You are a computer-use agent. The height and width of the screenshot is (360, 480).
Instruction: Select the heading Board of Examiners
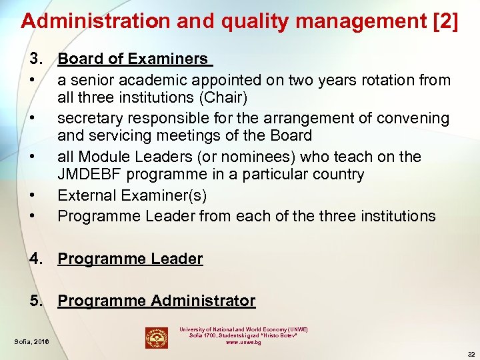[133, 59]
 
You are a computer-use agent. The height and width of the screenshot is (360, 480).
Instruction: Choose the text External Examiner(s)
[132, 195]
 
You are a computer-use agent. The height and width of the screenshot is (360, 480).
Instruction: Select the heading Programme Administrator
[156, 301]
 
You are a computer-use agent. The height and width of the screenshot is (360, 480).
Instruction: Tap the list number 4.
[35, 259]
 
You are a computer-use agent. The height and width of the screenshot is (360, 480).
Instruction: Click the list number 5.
[35, 301]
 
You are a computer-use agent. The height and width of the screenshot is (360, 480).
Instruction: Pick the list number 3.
[35, 59]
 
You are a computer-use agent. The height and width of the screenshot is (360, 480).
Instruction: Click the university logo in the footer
[157, 337]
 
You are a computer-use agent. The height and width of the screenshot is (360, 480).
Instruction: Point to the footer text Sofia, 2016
[31, 343]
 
